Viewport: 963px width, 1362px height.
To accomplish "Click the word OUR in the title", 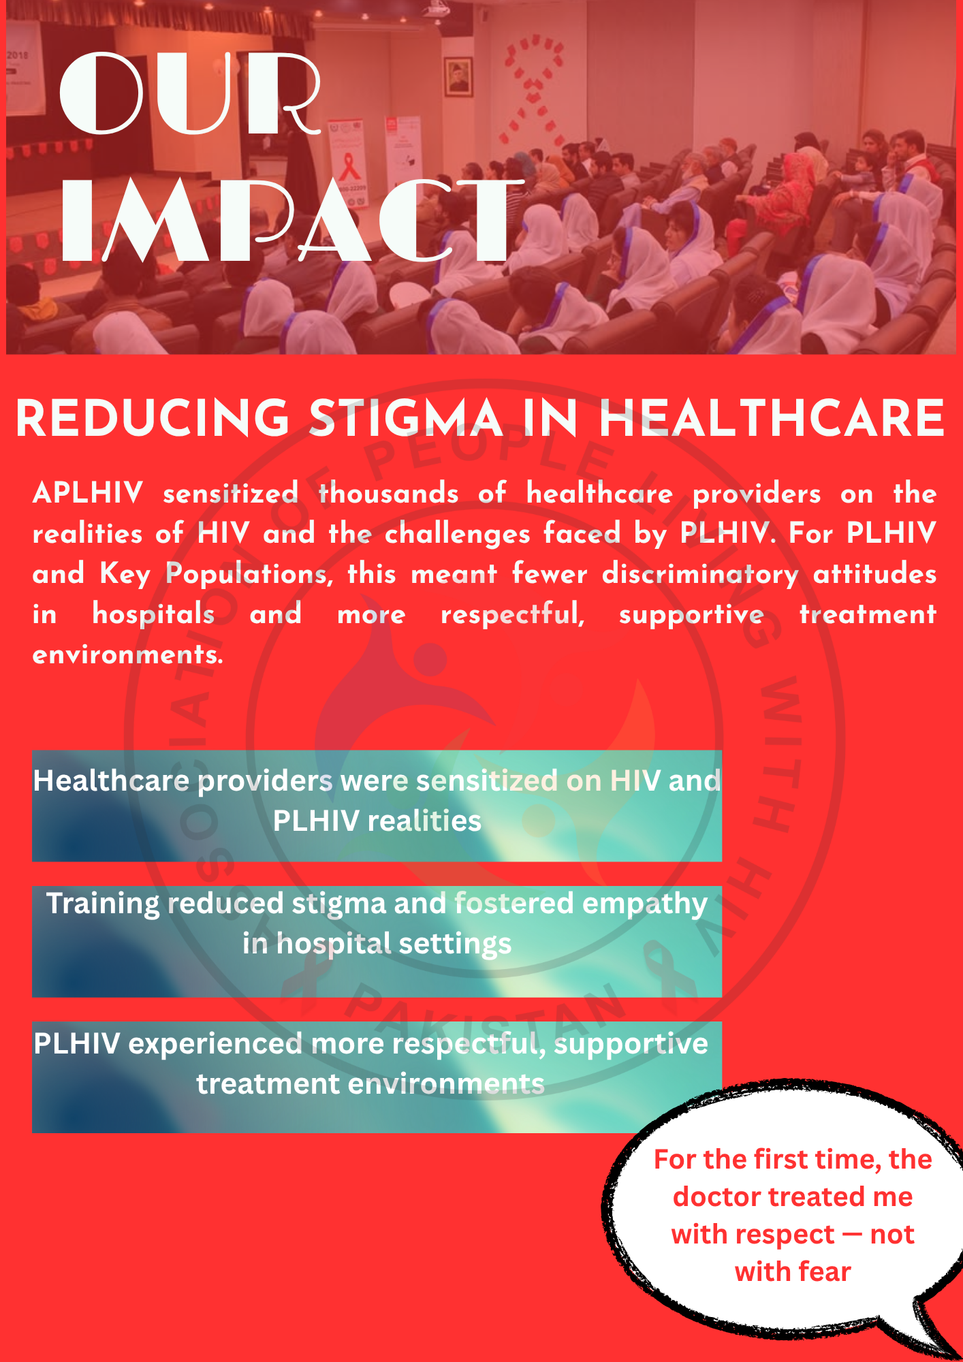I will tap(191, 94).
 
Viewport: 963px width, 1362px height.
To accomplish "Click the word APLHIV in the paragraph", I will tap(88, 493).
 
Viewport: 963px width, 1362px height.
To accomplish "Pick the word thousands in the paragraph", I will tap(388, 493).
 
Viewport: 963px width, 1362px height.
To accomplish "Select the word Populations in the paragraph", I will tap(249, 574).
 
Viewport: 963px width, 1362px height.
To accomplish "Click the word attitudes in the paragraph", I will tap(874, 574).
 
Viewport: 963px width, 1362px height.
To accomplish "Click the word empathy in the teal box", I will tap(645, 904).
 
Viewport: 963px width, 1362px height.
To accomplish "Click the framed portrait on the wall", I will tap(458, 76).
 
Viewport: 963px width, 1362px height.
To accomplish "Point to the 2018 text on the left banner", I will tap(18, 54).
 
